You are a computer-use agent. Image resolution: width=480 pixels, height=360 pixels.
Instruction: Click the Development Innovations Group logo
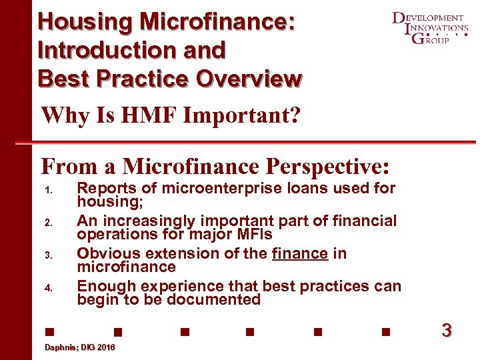click(430, 28)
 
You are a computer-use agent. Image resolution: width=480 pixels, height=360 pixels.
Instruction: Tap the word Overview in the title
click(248, 78)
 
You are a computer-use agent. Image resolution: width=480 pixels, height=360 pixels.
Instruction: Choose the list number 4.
click(47, 288)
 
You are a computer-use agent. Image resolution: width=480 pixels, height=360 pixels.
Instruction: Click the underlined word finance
click(300, 254)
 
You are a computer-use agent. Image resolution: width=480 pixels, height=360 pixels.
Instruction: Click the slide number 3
click(447, 330)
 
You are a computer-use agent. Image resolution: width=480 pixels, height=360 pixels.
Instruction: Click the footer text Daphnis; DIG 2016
click(79, 348)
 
